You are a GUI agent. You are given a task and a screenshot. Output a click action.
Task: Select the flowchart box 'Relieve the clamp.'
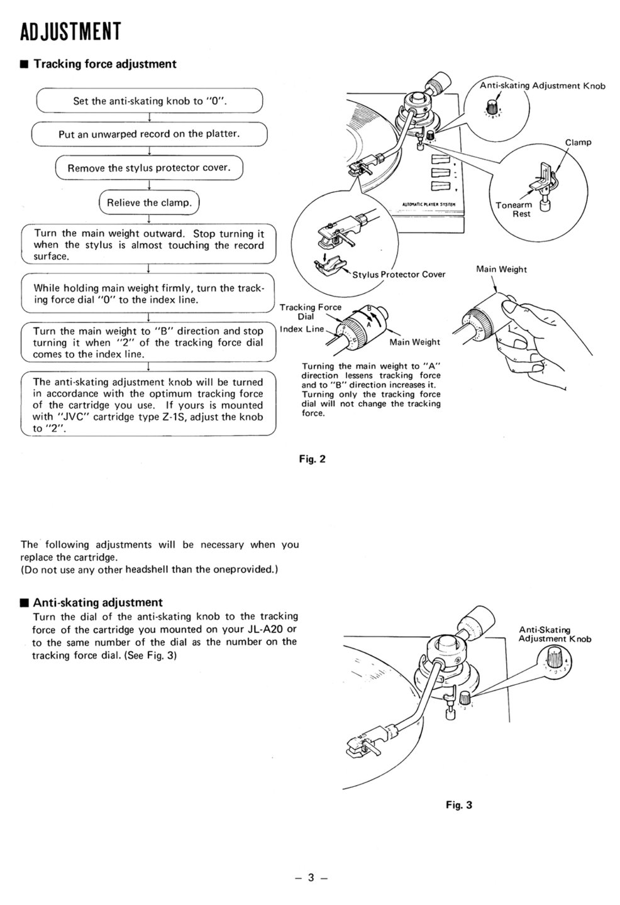[x=149, y=203]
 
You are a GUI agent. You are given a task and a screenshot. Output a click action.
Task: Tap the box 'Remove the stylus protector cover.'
[x=149, y=168]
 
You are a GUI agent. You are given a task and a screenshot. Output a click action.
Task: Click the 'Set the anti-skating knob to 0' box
[x=149, y=101]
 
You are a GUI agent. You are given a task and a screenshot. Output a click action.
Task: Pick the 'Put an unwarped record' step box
[x=149, y=134]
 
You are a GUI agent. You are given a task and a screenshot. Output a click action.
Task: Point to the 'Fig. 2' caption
[x=313, y=459]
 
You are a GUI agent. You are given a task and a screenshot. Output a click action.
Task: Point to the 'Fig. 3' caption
[x=458, y=804]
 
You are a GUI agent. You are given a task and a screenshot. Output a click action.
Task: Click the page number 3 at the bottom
[x=310, y=878]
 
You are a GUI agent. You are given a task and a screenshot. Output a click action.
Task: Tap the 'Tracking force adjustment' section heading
[x=104, y=63]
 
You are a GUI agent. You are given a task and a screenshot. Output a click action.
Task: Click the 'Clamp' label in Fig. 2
[x=578, y=142]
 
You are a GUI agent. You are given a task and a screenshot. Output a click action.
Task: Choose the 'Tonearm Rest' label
[x=513, y=209]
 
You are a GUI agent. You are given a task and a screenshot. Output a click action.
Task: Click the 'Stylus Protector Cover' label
[x=399, y=274]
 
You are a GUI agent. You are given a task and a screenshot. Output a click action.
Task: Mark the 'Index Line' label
[x=302, y=329]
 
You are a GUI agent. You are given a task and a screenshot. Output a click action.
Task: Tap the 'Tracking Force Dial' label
[x=310, y=312]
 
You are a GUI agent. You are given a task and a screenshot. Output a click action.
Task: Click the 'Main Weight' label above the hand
[x=501, y=270]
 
